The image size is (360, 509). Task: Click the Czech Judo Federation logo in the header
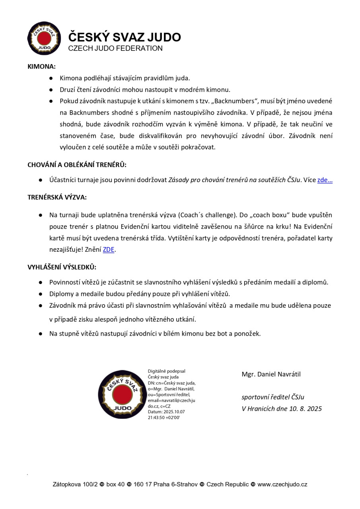click(x=44, y=38)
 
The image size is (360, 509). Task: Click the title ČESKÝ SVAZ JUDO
click(x=125, y=37)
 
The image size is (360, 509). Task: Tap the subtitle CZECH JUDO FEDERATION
click(x=115, y=49)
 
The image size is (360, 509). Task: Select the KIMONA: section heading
click(x=41, y=67)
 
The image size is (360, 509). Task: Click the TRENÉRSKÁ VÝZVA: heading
click(x=57, y=197)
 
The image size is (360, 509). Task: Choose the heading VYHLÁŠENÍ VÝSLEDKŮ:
click(x=62, y=267)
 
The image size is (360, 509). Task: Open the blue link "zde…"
click(x=325, y=180)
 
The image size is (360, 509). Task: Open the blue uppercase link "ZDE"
click(x=109, y=250)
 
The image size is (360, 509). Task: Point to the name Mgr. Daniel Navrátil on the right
click(x=271, y=375)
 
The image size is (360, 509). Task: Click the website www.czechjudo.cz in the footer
click(x=282, y=484)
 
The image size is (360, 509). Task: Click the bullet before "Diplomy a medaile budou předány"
click(x=41, y=294)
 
